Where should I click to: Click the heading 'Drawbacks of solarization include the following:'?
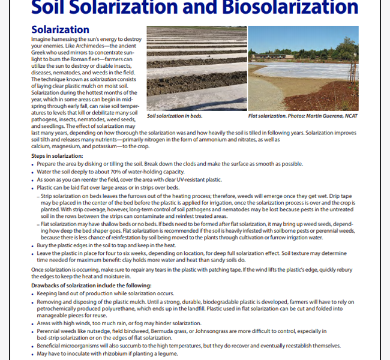[92, 286]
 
